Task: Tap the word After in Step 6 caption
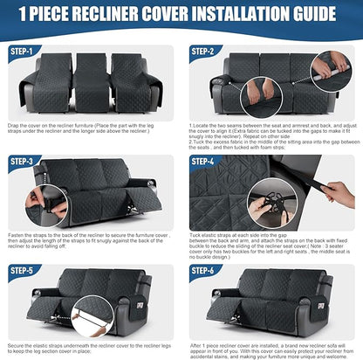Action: point(195,344)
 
